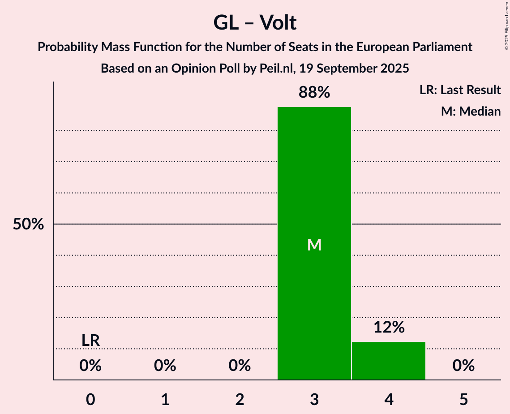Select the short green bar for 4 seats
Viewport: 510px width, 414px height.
click(x=389, y=361)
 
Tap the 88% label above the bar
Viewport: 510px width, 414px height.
click(x=314, y=93)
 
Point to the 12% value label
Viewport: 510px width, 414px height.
click(x=389, y=328)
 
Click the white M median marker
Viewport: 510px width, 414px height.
click(x=314, y=245)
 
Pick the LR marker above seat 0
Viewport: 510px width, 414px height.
click(x=90, y=341)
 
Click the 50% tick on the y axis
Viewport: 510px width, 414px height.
click(x=28, y=224)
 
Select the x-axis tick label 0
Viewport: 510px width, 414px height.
click(x=90, y=400)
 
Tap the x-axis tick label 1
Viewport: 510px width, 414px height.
click(x=165, y=400)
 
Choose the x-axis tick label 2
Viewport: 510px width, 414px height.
click(x=240, y=400)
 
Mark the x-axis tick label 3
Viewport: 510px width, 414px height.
click(x=314, y=400)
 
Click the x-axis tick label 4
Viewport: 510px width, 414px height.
click(x=389, y=400)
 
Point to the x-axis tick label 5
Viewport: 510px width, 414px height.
click(x=463, y=400)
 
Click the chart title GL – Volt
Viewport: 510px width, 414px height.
click(x=255, y=22)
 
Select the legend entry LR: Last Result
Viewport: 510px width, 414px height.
click(x=460, y=90)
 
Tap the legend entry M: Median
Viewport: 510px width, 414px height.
click(x=471, y=111)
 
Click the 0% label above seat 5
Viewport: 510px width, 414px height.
click(x=463, y=366)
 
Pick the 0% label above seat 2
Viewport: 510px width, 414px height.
click(x=240, y=366)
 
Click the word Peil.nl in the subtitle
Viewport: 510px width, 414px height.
click(x=274, y=69)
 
